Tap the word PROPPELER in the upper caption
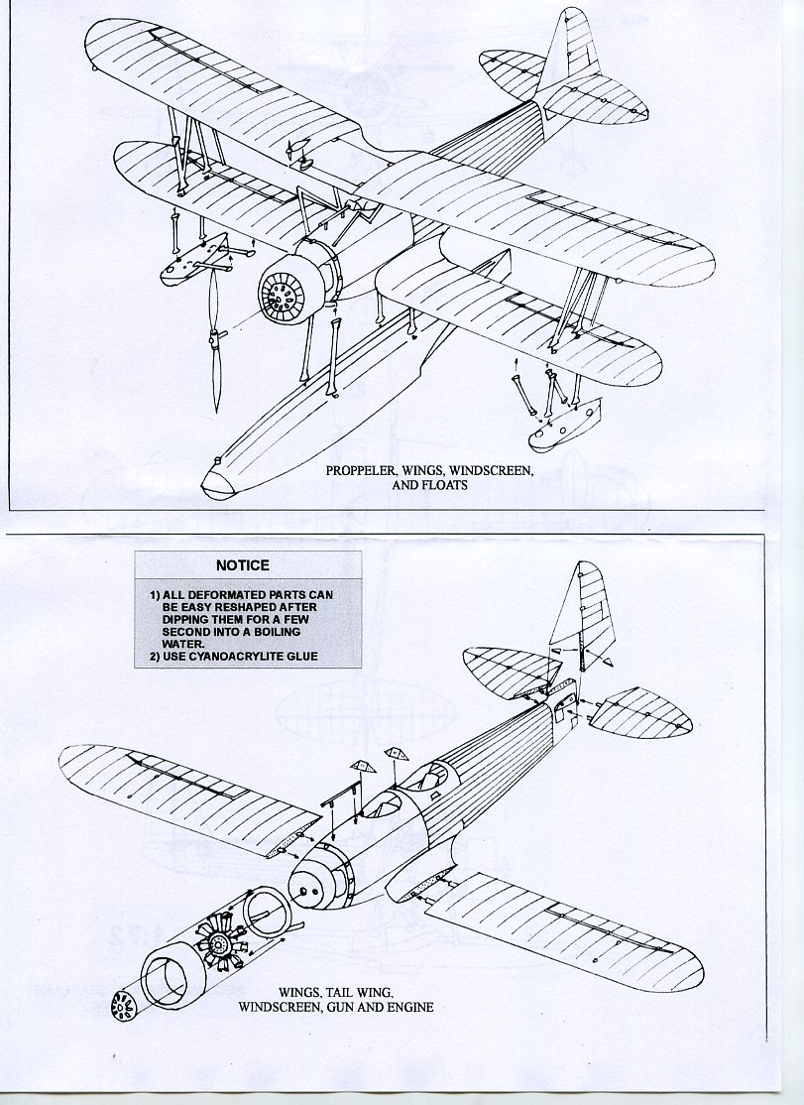(x=363, y=472)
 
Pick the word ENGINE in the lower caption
(x=409, y=1007)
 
